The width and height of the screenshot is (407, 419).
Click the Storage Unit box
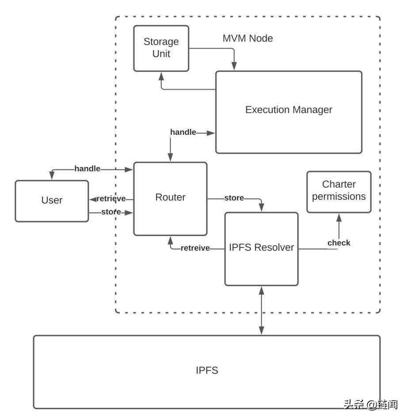[x=161, y=48]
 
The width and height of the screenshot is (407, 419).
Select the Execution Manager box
[x=289, y=112]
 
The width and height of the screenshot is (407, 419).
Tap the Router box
[x=170, y=198]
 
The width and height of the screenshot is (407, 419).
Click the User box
[x=52, y=201]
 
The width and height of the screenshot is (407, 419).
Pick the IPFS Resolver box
[x=261, y=248]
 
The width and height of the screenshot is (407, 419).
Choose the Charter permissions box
[x=339, y=191]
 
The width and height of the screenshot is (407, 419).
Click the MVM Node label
[x=247, y=39]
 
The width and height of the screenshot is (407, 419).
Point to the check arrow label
[x=339, y=243]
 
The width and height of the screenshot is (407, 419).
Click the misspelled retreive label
[x=195, y=248]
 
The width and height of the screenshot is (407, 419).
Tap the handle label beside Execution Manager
[x=183, y=132]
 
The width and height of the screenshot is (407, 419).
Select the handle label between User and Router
[x=87, y=169]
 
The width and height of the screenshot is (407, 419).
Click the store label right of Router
[x=234, y=198]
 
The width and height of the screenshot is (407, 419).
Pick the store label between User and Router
[x=111, y=212]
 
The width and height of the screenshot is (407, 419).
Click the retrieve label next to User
[x=111, y=199]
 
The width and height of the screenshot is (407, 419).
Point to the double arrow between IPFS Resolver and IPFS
[x=261, y=310]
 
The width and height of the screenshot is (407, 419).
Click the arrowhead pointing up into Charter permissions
[x=339, y=217]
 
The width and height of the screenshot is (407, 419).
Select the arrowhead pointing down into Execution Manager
[x=234, y=66]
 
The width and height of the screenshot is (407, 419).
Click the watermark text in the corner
[x=370, y=404]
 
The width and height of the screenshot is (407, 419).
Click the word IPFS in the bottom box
[x=207, y=370]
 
